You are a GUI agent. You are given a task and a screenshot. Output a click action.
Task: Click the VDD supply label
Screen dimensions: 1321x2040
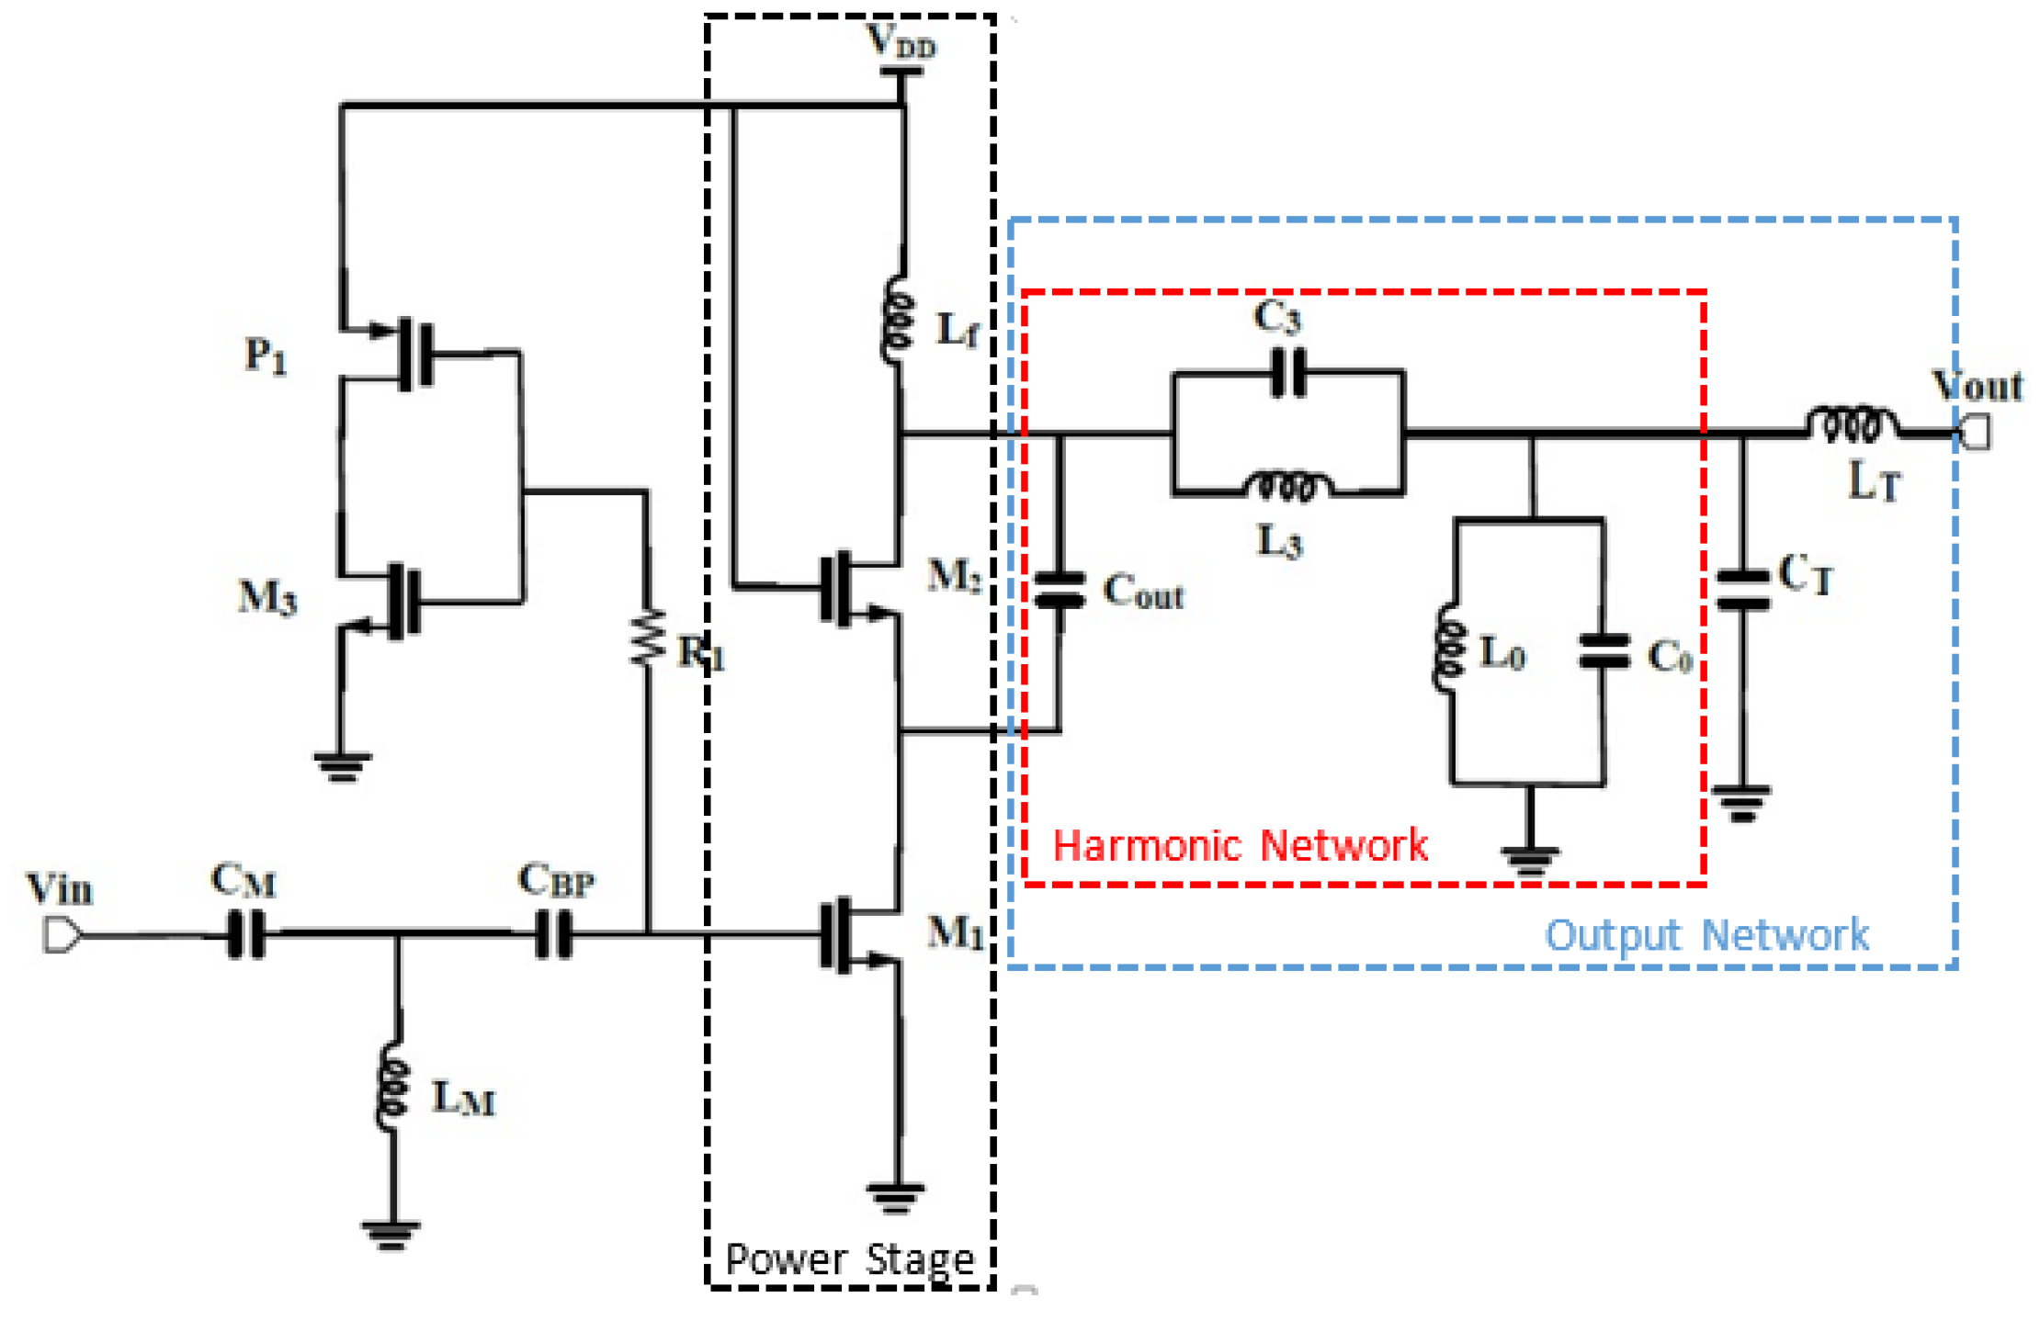pos(901,41)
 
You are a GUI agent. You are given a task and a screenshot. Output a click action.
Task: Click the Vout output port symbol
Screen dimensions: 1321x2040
pos(1974,432)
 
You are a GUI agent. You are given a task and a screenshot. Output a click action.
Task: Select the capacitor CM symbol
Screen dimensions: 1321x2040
pos(246,934)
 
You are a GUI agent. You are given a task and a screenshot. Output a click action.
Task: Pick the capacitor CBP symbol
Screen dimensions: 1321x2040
pos(553,934)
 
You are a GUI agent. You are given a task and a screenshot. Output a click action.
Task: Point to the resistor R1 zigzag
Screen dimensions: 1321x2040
pos(648,637)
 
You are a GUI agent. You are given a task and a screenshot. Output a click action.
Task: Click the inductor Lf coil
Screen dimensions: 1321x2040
pos(897,321)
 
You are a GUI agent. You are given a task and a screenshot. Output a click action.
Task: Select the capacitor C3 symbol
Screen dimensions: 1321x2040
pos(1288,372)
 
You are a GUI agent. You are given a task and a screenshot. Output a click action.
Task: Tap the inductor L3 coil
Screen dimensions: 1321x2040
pos(1286,487)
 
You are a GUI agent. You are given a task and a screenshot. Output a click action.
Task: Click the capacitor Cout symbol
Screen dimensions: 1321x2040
pos(1060,591)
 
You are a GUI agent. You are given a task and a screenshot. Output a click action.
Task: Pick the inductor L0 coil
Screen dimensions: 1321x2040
pos(1449,647)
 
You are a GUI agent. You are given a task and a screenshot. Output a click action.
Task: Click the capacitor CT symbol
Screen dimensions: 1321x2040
pos(1742,590)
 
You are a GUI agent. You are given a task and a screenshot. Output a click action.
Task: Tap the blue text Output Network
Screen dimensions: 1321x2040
pos(1706,935)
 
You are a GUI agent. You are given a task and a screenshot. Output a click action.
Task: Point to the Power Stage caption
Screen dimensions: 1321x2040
pos(849,1259)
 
